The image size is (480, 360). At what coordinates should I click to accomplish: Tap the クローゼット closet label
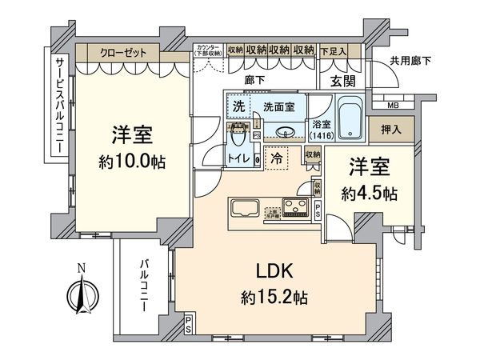124,52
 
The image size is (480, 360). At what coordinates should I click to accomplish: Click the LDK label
273,270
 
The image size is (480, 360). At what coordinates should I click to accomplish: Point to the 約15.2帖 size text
273,296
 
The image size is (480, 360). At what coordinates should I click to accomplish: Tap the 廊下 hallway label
256,79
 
